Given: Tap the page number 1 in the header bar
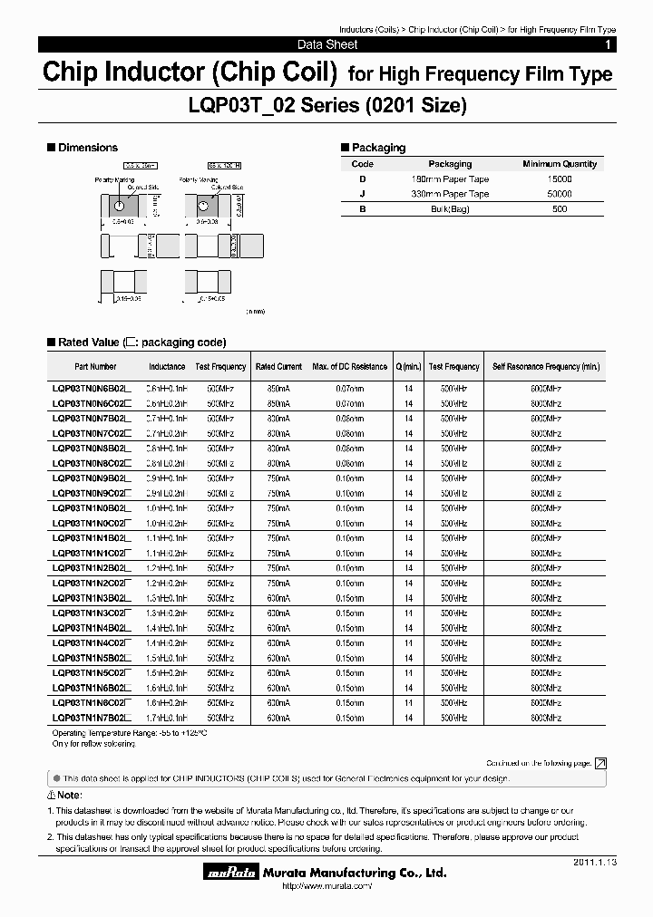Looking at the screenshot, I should (x=608, y=44).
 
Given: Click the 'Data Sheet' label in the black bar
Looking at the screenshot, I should (x=327, y=44).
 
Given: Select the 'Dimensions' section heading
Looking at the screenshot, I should (x=87, y=147).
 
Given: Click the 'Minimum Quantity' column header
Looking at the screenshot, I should (x=560, y=164).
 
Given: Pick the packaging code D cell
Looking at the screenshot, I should (x=362, y=179).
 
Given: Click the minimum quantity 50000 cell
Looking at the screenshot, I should (x=560, y=194).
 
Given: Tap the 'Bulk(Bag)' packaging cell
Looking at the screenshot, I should (x=450, y=209).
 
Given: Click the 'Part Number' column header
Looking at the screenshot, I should (x=95, y=367).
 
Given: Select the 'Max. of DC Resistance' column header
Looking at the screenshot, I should (x=349, y=367).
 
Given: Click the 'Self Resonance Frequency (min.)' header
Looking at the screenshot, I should (x=545, y=367).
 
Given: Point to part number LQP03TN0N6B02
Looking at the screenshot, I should (x=92, y=388).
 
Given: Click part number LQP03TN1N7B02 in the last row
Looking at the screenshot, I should (x=92, y=718).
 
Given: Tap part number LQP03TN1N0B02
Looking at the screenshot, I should (x=92, y=509).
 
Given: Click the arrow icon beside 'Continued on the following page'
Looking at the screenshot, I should (x=599, y=764).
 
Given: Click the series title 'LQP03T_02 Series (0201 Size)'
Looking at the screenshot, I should (x=327, y=106).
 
